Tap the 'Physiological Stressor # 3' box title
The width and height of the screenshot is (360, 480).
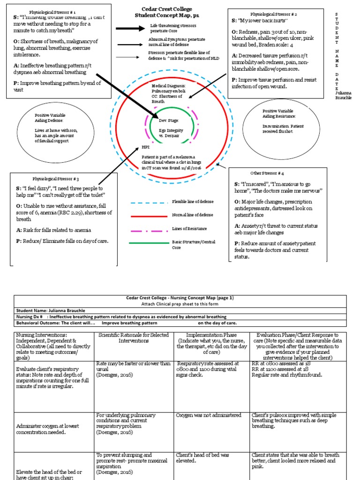click(59, 179)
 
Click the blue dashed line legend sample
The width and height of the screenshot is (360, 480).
click(145, 202)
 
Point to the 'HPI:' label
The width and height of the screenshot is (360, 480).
click(146, 147)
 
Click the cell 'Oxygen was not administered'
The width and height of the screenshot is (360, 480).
click(209, 415)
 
